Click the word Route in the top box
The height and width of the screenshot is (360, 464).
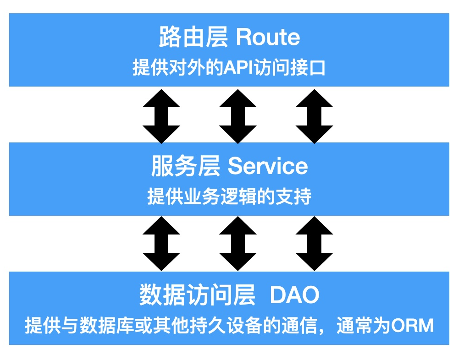268,37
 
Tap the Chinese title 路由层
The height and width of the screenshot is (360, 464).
193,37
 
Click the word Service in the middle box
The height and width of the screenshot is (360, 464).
268,166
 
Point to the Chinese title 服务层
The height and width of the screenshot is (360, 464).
186,166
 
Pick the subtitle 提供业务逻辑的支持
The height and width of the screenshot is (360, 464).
229,196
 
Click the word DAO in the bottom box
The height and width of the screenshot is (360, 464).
295,295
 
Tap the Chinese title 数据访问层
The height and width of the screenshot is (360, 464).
197,295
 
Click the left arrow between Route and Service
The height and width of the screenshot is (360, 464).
161,116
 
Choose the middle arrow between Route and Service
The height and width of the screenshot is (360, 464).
238,116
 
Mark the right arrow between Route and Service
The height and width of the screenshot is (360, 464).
314,116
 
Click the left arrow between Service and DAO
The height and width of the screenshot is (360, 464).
161,244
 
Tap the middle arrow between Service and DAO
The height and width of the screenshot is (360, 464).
238,244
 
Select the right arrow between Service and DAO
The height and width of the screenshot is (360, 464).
314,244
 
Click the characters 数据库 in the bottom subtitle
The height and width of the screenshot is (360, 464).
107,325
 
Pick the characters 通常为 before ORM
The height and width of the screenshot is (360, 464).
364,325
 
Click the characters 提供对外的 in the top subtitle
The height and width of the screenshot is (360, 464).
178,68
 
